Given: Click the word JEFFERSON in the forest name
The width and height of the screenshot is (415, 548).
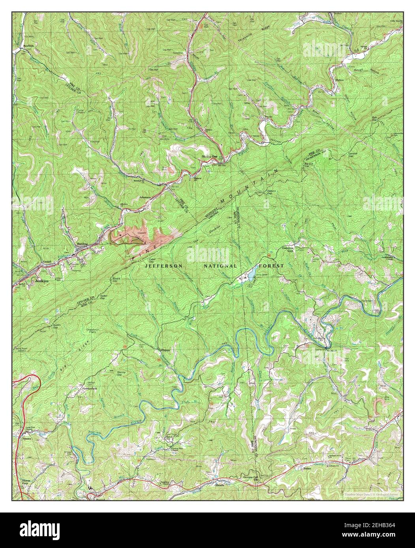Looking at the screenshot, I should point(164,266).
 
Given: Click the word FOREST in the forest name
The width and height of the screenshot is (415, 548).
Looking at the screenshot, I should point(271,266).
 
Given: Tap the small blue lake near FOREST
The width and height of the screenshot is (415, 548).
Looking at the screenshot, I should point(248,276).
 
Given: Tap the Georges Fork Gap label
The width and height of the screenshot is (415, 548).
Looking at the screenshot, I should point(258,478).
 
